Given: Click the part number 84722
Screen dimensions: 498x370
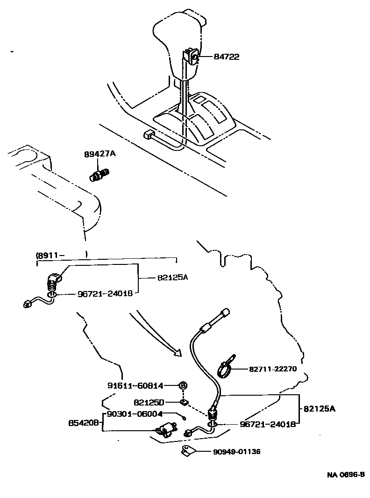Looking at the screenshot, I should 227,57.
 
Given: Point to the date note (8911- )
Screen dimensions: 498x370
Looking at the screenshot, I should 62,255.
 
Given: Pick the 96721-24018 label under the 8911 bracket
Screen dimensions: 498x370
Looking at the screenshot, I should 104,294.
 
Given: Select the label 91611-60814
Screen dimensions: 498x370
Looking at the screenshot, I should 135,385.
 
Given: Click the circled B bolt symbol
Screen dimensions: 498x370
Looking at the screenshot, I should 184,385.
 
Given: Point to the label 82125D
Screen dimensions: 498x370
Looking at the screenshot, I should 149,402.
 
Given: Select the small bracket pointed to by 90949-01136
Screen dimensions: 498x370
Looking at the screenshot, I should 187,451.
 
